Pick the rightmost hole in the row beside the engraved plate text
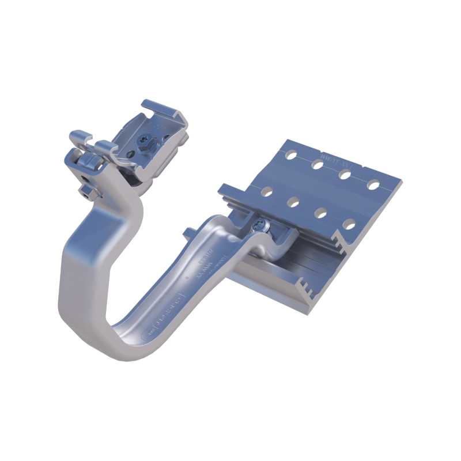click(375, 185)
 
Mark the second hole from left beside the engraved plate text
click(318, 165)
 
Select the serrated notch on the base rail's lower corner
click(302, 285)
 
